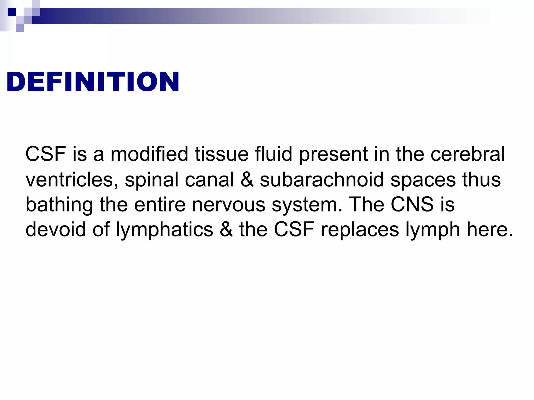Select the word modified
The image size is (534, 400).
click(x=149, y=154)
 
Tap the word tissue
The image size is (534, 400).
click(x=222, y=154)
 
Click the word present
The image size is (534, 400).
click(x=333, y=154)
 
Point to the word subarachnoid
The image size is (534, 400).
click(x=322, y=179)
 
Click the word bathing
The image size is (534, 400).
click(x=59, y=205)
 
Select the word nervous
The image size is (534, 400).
click(x=229, y=205)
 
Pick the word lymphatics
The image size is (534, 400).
click(x=164, y=230)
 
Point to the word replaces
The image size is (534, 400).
click(x=360, y=230)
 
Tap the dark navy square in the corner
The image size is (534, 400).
click(x=12, y=12)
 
